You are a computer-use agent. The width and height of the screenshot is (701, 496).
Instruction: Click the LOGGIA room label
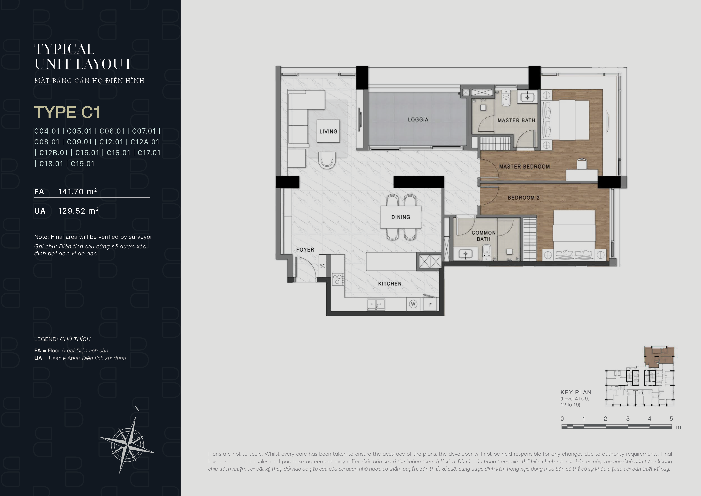click(x=418, y=119)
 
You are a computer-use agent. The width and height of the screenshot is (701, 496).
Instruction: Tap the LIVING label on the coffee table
click(x=328, y=131)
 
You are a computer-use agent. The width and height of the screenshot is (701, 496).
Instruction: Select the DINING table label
click(x=401, y=217)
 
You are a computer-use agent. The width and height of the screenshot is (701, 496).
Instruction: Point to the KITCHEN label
click(x=390, y=284)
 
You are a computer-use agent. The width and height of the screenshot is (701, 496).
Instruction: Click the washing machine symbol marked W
click(x=413, y=304)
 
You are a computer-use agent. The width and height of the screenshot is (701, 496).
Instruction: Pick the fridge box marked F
click(x=430, y=305)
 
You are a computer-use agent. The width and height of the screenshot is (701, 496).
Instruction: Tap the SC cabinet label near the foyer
click(x=322, y=266)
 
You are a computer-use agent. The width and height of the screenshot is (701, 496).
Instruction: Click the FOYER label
click(x=305, y=250)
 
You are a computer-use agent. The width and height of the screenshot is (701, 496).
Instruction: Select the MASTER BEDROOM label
click(x=524, y=167)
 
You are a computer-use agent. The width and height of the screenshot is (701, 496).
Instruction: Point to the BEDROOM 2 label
click(x=524, y=198)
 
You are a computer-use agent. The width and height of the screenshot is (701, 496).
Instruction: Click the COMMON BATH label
click(x=484, y=236)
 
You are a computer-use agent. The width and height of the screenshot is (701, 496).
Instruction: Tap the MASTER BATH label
click(x=516, y=120)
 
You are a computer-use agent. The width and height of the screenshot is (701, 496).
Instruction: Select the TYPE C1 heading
click(x=67, y=112)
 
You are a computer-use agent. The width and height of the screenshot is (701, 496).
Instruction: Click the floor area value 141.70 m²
click(x=78, y=192)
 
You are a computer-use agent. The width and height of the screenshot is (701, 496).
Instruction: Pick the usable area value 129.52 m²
click(x=78, y=211)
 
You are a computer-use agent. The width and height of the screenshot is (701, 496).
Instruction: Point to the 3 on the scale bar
click(x=628, y=419)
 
